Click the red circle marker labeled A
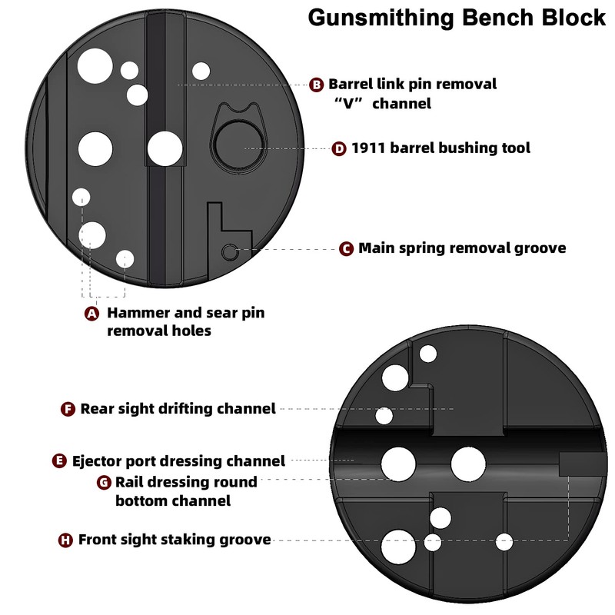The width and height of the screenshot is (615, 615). point(91,314)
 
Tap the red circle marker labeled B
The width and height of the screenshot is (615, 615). point(317,85)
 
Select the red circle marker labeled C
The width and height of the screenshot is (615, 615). point(346,248)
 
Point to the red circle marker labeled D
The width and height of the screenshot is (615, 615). point(339,148)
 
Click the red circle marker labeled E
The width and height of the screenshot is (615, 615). point(60,461)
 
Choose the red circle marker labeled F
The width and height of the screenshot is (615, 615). point(68,409)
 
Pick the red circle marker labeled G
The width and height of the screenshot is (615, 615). point(104,483)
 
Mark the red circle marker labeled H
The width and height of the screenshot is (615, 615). point(67,540)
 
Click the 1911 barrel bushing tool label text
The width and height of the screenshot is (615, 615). point(440,148)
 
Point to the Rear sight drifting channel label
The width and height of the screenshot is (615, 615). point(178,409)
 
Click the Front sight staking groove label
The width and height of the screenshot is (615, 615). point(175,540)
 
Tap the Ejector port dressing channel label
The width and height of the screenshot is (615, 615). point(178,461)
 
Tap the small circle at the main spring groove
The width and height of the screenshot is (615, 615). point(229,251)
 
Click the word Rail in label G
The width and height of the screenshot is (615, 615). point(131,483)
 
